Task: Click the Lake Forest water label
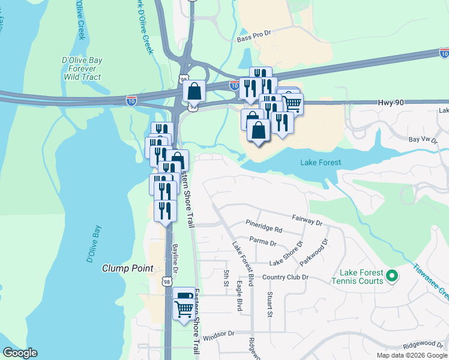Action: point(320,163)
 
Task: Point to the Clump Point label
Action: point(127,268)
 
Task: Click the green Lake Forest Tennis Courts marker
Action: point(392,277)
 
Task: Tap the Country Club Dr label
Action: point(285,277)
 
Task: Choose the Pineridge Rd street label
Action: point(264,229)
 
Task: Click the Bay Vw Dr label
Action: point(422,140)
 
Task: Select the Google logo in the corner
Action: point(20,353)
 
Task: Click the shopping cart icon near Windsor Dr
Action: point(184,310)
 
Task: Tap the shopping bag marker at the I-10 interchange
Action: point(194,92)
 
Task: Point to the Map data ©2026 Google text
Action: point(412,355)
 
